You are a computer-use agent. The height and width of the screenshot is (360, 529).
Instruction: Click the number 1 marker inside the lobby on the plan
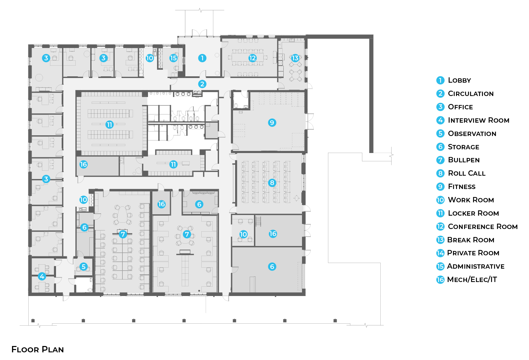202,58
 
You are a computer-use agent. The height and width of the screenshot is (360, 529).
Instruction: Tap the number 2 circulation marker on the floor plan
202,84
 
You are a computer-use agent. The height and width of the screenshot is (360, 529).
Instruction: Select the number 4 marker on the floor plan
42,276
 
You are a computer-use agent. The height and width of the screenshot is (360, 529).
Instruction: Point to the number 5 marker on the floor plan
84,267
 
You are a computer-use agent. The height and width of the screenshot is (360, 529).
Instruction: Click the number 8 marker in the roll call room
272,183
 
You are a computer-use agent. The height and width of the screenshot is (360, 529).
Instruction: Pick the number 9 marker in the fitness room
272,123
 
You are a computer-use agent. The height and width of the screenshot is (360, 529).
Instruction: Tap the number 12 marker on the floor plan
252,58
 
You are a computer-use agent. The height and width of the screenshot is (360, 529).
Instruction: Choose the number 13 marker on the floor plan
295,58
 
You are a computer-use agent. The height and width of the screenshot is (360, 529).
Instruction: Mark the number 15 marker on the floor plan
173,58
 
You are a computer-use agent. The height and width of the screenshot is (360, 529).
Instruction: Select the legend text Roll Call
466,173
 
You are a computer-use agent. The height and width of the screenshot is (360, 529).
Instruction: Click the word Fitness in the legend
462,187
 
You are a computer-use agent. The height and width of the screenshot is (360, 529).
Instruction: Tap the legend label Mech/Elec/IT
472,280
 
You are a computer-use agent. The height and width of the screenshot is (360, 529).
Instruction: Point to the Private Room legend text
473,253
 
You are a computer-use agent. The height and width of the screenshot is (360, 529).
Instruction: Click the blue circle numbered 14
440,253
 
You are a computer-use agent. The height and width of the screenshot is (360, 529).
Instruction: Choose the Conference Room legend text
482,227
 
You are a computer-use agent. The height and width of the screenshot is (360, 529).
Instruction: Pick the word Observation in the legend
472,134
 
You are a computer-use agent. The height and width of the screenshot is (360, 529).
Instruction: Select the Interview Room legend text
478,120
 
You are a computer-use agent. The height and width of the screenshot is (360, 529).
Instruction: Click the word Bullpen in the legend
464,160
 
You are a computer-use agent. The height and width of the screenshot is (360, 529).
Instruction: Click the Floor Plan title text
38,349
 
